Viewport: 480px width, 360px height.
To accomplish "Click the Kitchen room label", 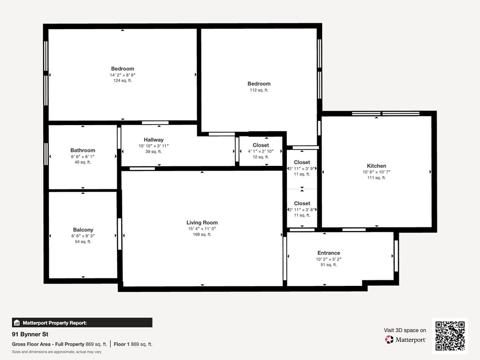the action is [376, 166].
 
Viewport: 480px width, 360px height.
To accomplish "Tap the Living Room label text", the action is [202, 223].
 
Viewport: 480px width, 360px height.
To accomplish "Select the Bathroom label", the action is [82, 150].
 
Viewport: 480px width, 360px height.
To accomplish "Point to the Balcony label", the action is [83, 230].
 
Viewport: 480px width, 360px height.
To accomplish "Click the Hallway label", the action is [154, 140].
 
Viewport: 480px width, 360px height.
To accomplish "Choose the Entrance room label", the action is [329, 253].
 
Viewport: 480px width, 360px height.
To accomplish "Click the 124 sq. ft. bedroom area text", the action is [122, 81].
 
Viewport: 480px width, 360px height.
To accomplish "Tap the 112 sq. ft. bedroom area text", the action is [259, 90].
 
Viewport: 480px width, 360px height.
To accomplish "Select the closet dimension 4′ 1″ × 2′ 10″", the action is [261, 151].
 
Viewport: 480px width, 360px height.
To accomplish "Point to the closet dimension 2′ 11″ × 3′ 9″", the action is [302, 169].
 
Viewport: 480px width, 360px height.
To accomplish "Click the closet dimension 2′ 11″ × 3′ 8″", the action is [302, 210].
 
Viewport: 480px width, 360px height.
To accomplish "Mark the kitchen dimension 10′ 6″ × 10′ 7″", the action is [376, 172].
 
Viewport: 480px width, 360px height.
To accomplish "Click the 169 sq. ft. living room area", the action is [202, 234].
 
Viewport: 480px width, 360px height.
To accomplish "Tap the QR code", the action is [450, 336].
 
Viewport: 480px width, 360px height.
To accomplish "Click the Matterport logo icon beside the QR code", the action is [389, 339].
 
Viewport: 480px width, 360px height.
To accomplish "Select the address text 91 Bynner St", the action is [30, 334].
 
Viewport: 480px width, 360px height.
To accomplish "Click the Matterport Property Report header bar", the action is [82, 322].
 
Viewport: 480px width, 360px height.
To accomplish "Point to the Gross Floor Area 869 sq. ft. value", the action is [96, 344].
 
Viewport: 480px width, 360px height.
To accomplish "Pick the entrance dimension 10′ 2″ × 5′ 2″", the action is [329, 259].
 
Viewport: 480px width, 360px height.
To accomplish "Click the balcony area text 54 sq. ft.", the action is [83, 242].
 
